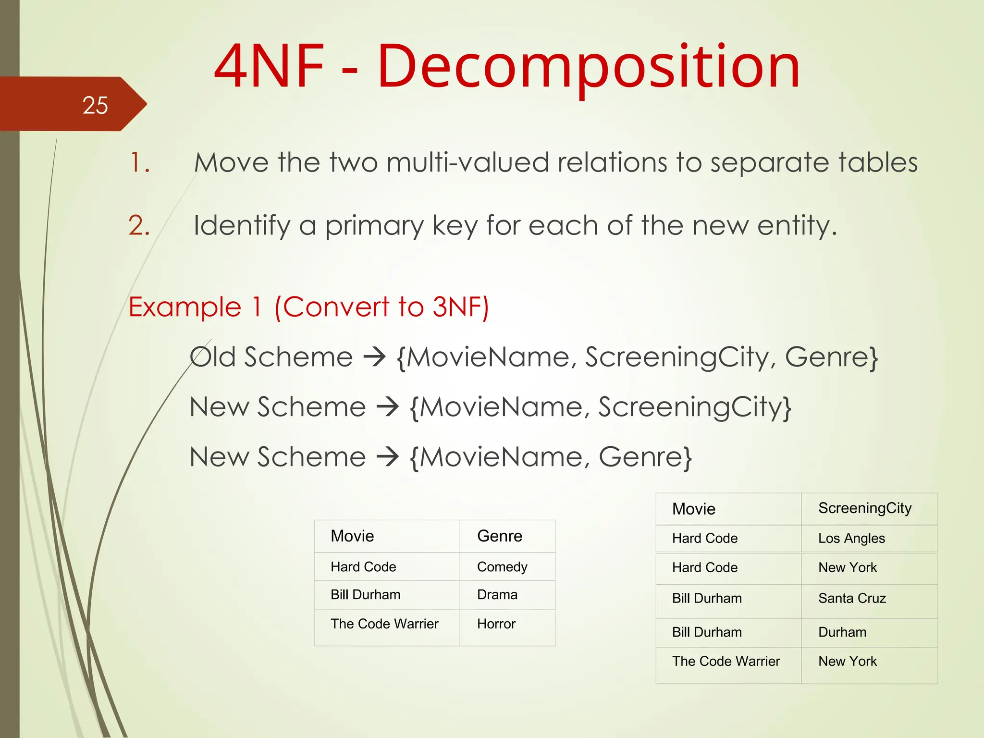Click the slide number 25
pyautogui.click(x=95, y=105)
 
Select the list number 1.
pyautogui.click(x=139, y=162)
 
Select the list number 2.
pyautogui.click(x=139, y=225)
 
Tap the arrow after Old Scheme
pyautogui.click(x=375, y=357)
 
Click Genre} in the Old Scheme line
pyautogui.click(x=831, y=357)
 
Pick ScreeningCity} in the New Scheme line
pyautogui.click(x=694, y=407)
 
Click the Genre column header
pyautogui.click(x=500, y=536)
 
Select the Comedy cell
pyautogui.click(x=502, y=567)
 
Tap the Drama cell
pyautogui.click(x=497, y=595)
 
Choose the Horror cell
pyautogui.click(x=496, y=624)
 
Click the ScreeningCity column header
pyautogui.click(x=865, y=508)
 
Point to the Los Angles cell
pyautogui.click(x=851, y=539)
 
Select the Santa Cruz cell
pyautogui.click(x=852, y=599)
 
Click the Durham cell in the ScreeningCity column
pyautogui.click(x=842, y=632)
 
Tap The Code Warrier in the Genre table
pyautogui.click(x=384, y=624)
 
